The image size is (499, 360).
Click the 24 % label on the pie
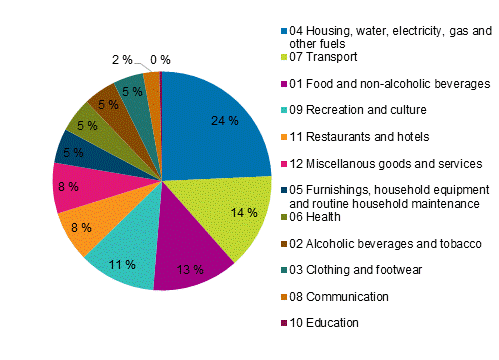[x=225, y=121]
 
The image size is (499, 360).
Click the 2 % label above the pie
[x=119, y=60]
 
